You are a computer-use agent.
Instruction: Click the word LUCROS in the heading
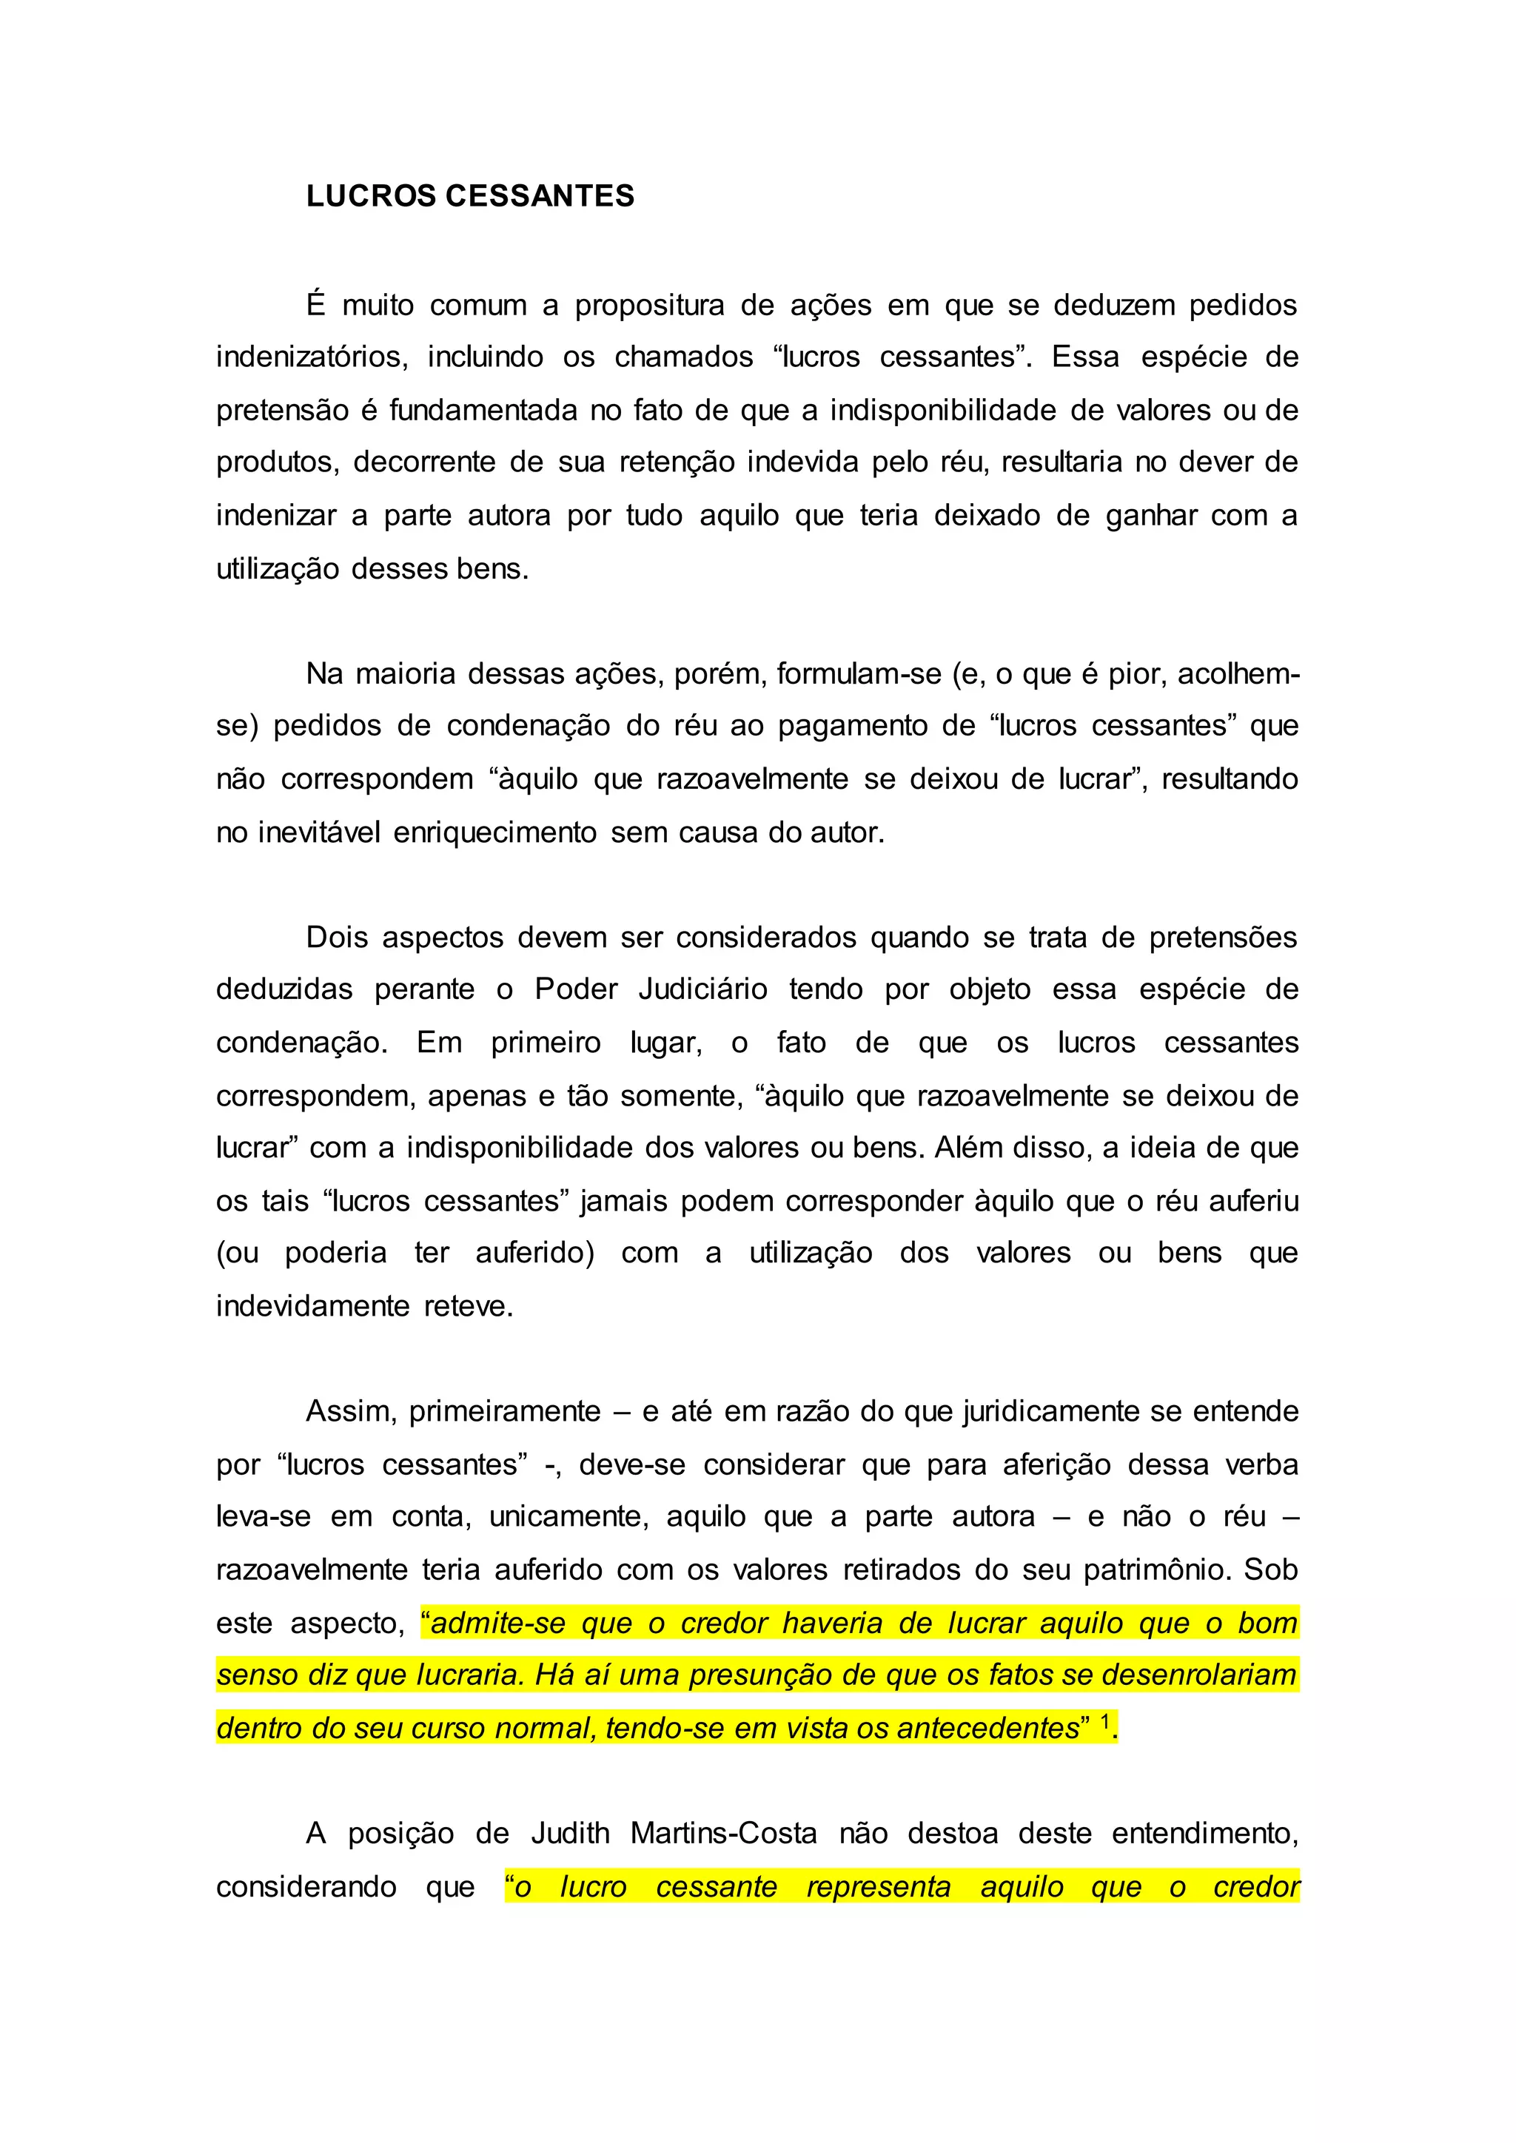372,196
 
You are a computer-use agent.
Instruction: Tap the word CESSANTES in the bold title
540,196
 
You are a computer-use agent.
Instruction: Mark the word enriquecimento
494,832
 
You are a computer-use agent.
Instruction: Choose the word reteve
469,1307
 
